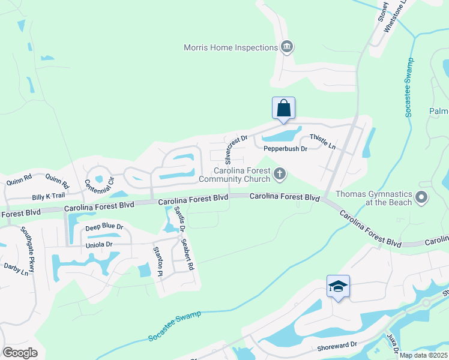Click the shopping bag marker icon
coord(283,109)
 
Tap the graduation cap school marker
coord(338,287)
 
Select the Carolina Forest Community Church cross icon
coord(279,174)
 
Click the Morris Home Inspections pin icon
coord(287,47)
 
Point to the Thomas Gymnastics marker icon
coord(421,197)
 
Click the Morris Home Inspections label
coord(231,47)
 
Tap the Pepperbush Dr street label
coord(286,148)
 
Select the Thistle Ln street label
coord(323,142)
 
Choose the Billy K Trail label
coord(48,197)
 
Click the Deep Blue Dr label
coord(104,227)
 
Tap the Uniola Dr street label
coord(98,245)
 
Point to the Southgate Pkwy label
coord(28,250)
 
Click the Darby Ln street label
coord(16,268)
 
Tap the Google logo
coord(20,352)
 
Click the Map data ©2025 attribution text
coord(423,355)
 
